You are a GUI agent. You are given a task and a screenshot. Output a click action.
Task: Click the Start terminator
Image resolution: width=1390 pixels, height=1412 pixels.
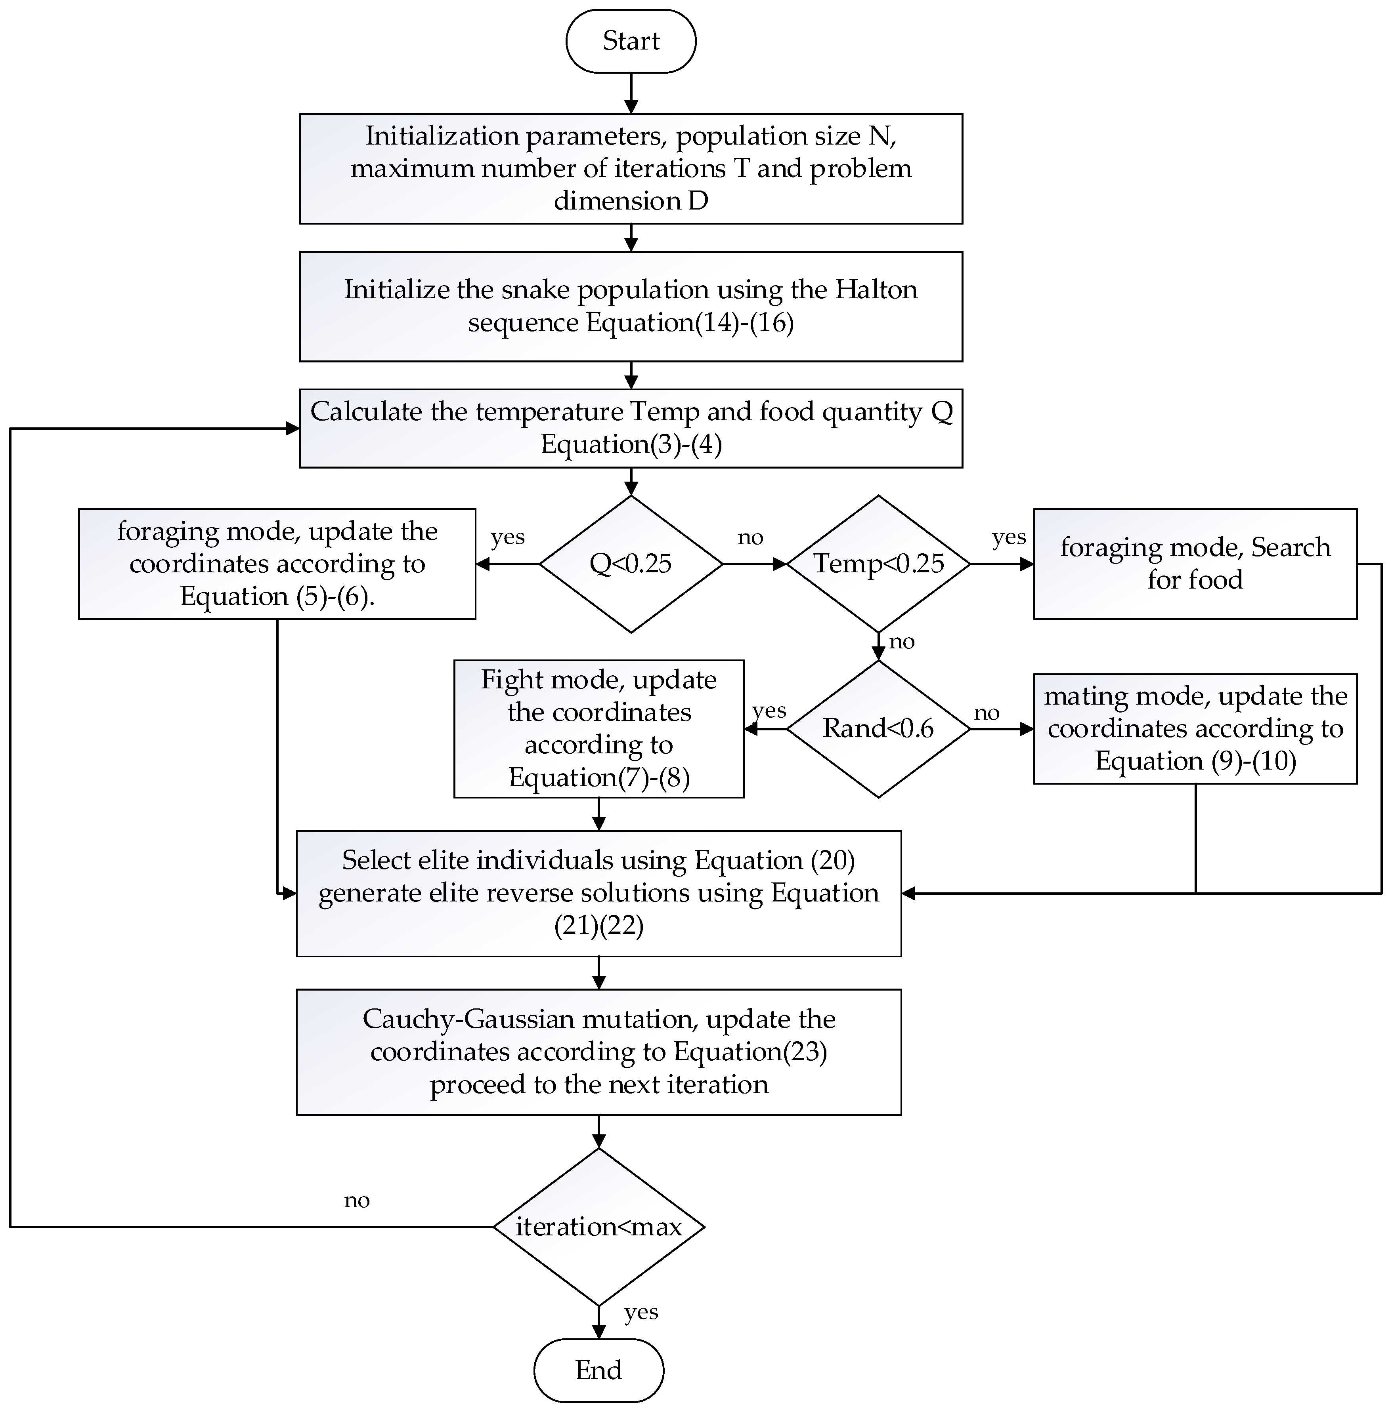click(x=631, y=41)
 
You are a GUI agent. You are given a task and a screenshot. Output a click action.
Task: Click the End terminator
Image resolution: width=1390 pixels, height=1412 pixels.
click(x=598, y=1370)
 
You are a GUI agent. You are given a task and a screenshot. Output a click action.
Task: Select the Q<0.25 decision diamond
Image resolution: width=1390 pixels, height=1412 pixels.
click(x=631, y=563)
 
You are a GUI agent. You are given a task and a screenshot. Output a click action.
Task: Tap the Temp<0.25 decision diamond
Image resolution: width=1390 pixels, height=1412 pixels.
click(x=878, y=563)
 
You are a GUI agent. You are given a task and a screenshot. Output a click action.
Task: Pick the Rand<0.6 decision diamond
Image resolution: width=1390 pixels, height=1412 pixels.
click(x=878, y=728)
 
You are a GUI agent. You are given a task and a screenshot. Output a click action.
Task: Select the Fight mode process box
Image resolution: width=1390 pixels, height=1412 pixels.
click(x=598, y=728)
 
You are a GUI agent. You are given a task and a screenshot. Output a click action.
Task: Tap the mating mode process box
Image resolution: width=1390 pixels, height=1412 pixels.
click(x=1195, y=728)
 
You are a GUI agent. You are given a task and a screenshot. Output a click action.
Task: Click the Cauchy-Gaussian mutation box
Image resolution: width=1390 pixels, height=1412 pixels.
click(x=598, y=1052)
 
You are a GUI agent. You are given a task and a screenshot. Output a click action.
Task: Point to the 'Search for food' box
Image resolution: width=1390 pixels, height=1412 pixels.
click(x=1195, y=563)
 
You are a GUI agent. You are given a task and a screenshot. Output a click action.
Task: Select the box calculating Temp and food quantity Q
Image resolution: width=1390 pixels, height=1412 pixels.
click(x=631, y=428)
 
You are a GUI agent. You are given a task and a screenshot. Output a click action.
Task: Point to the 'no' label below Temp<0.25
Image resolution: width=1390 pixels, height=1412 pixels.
click(x=902, y=641)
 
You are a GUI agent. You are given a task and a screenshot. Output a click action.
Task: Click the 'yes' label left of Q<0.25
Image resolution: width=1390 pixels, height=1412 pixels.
click(x=507, y=537)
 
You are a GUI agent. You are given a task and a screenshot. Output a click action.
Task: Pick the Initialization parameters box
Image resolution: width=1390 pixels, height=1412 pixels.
click(x=631, y=169)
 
